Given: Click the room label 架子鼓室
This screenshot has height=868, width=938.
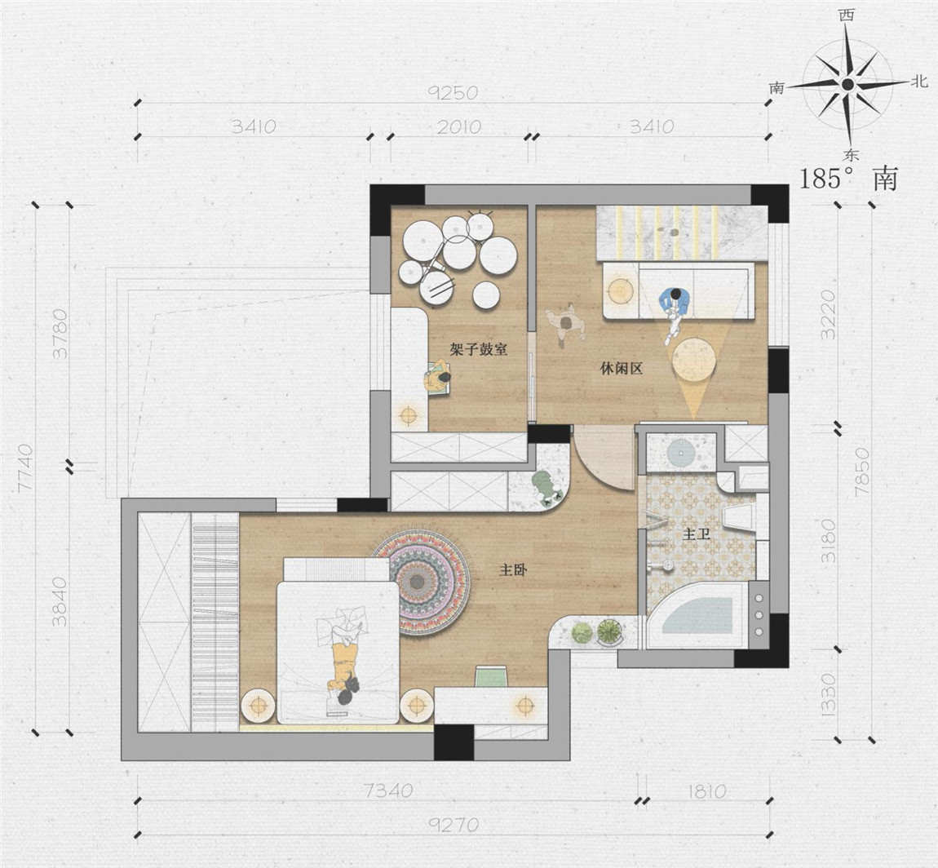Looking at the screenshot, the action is click(479, 349).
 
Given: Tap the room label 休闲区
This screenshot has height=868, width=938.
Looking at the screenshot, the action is click(622, 369).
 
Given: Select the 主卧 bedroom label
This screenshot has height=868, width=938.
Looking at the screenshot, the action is click(513, 570).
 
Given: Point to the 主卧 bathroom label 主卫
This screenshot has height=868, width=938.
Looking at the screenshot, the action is click(697, 534).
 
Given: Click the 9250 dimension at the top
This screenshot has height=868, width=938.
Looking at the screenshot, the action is click(454, 93).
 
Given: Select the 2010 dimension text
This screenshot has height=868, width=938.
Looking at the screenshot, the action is click(459, 126).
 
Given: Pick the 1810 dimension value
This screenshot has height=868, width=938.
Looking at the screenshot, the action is click(706, 791).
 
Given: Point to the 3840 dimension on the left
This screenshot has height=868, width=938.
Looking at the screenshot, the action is click(60, 602).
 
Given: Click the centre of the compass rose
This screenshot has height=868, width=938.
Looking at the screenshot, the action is click(847, 84).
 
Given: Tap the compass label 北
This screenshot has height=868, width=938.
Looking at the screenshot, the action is click(919, 82).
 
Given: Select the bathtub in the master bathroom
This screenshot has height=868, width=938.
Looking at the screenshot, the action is click(697, 615).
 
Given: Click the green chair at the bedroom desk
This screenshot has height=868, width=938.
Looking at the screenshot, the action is click(491, 675).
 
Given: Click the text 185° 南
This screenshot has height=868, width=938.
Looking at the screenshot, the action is click(849, 179).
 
